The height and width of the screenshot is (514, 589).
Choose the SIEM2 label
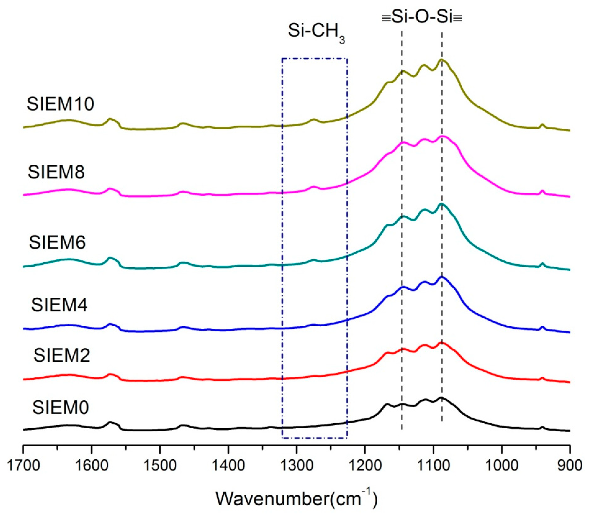62,355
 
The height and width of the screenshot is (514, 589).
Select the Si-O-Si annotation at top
422,18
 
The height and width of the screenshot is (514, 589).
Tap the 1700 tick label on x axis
23,466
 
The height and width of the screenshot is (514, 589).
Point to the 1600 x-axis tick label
92,466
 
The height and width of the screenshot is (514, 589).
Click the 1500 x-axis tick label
160,466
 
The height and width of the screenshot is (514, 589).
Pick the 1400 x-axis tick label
228,466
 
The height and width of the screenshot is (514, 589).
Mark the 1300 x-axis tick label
297,466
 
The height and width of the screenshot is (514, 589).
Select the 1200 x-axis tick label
365,466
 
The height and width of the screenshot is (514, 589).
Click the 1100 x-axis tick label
433,466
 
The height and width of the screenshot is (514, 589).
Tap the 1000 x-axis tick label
502,466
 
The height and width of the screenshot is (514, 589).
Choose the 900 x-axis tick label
570,466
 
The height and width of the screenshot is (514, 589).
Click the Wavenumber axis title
297,499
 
